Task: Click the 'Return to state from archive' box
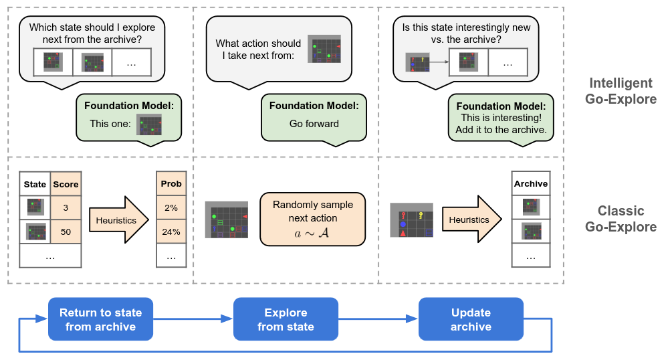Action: coord(100,320)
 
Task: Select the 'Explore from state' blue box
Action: coord(286,320)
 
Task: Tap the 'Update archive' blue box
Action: coord(471,320)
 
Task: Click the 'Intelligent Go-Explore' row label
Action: coord(621,91)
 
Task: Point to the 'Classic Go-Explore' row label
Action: coord(621,219)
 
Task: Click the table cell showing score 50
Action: coord(66,232)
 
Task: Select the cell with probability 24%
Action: coord(171,232)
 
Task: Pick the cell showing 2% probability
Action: coord(171,207)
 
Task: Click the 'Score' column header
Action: coord(66,184)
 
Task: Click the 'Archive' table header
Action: coord(530,184)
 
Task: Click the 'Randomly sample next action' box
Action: coord(313,219)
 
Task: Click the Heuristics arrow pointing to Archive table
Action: coord(471,219)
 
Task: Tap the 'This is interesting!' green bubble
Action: coord(501,118)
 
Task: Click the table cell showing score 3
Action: coord(66,207)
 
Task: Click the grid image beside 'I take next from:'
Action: coord(324,49)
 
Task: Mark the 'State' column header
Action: coord(35,184)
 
